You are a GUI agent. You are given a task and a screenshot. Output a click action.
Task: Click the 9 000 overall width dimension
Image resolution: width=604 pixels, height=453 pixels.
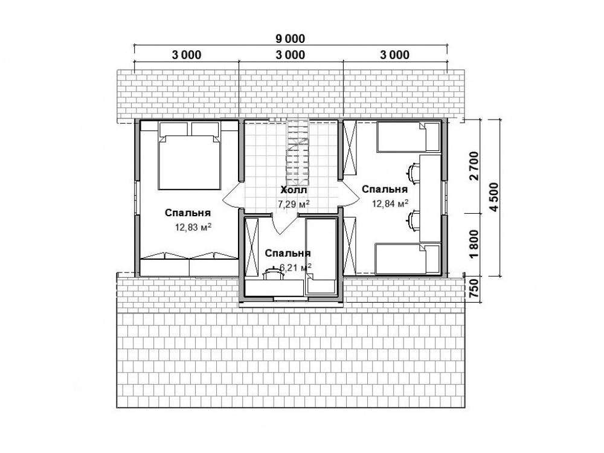pos(291,39)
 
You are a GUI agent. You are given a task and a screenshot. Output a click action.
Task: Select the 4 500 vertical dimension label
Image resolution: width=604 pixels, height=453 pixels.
pos(494,196)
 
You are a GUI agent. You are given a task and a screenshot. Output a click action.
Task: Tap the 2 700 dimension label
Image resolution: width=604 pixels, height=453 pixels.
pos(474,167)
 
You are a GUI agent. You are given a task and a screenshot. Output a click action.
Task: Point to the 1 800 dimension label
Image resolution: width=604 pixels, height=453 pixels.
pos(474,245)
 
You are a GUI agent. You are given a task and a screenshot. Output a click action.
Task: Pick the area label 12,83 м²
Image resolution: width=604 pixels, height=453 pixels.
pos(193,227)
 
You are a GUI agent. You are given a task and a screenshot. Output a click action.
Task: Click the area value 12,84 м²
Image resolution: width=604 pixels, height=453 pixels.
pos(390,204)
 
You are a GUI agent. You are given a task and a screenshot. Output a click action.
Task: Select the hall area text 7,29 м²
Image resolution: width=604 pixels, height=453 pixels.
pos(294,204)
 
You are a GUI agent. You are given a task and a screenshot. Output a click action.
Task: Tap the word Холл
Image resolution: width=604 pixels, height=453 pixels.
pos(294,190)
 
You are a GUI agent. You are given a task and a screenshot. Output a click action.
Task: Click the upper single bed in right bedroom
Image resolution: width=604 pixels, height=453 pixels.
pos(408,137)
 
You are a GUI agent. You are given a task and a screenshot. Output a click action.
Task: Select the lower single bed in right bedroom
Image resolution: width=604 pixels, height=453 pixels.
pos(408,259)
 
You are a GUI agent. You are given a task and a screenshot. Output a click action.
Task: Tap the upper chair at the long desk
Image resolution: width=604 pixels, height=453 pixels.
pos(413,172)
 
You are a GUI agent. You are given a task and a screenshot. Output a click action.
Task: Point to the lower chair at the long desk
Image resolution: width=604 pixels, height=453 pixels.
pos(413,220)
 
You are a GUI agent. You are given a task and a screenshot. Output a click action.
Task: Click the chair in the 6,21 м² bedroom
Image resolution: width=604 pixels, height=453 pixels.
pos(272,273)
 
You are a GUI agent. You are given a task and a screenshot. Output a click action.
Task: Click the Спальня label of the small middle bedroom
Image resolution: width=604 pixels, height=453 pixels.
pos(288,253)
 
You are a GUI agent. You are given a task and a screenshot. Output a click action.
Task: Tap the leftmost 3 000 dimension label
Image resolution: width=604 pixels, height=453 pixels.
pos(187,55)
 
